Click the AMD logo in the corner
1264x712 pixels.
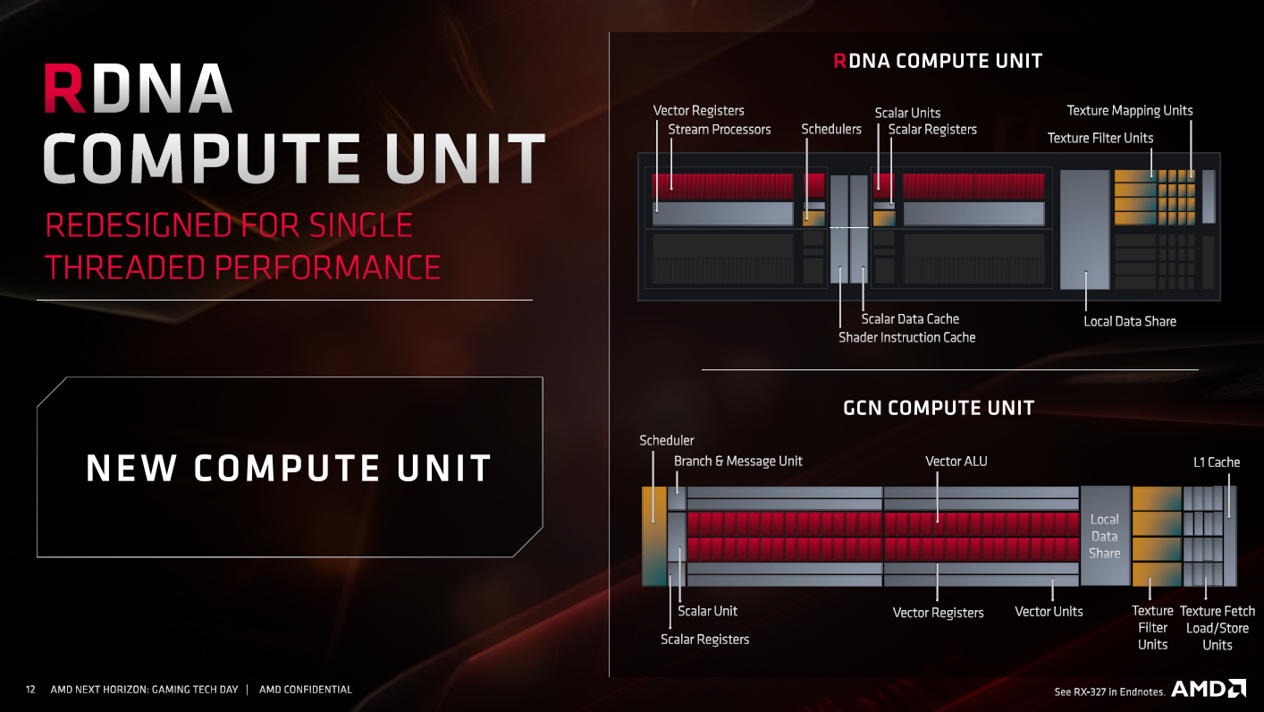click(1209, 689)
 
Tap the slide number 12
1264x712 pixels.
click(30, 690)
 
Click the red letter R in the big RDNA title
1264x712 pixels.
click(63, 89)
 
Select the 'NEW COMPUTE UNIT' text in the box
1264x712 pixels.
click(289, 468)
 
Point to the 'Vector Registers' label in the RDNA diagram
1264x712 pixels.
click(698, 111)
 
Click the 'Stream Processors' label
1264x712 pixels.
click(720, 130)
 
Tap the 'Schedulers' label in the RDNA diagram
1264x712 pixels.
click(831, 130)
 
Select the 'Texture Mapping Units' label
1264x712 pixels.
click(1130, 111)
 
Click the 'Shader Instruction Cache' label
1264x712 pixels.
click(906, 337)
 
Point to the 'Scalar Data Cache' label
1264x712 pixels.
click(910, 319)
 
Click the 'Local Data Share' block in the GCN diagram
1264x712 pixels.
click(1105, 536)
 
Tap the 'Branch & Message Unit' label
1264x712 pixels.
click(738, 462)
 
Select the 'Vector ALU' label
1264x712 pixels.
click(956, 462)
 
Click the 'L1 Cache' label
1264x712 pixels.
click(1217, 462)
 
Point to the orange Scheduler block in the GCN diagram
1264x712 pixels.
click(654, 536)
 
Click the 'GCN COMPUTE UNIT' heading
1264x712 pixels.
click(939, 408)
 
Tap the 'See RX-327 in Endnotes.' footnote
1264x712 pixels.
click(1109, 691)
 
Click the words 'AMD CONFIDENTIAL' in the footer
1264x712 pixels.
click(306, 690)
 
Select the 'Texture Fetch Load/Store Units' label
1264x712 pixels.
click(1218, 628)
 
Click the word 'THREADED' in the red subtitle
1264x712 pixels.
click(125, 267)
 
